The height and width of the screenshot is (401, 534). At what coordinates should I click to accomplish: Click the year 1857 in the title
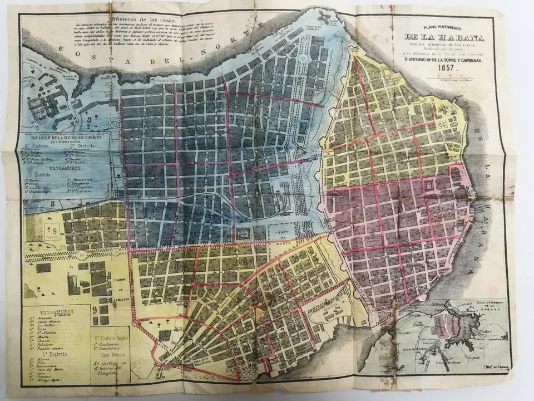(x=447, y=67)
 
